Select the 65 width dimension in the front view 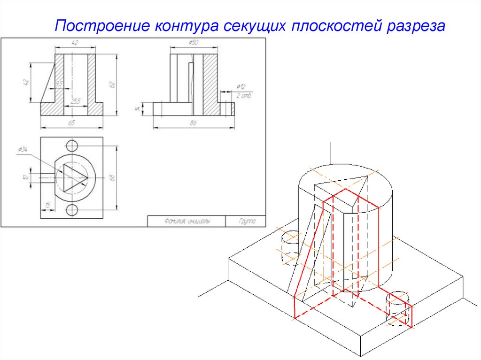coord(72,123)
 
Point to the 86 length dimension coord(193,123)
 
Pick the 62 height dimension coord(112,84)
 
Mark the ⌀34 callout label coord(22,150)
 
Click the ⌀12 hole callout coord(240,87)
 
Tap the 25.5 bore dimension coord(75,101)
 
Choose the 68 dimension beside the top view coord(112,177)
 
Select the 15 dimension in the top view coord(47,205)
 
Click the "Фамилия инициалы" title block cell coord(186,221)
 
